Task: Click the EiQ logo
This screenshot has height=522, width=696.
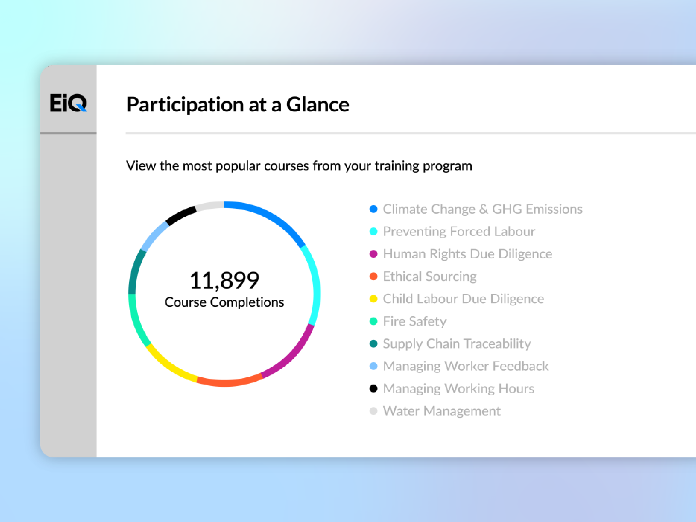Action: pyautogui.click(x=68, y=103)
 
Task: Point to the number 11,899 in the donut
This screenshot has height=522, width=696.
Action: pyautogui.click(x=224, y=280)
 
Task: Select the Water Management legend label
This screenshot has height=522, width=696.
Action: pyautogui.click(x=441, y=411)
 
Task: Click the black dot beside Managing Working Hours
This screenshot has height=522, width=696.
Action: pyautogui.click(x=373, y=389)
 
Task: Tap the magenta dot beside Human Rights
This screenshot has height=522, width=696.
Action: pyautogui.click(x=373, y=254)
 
